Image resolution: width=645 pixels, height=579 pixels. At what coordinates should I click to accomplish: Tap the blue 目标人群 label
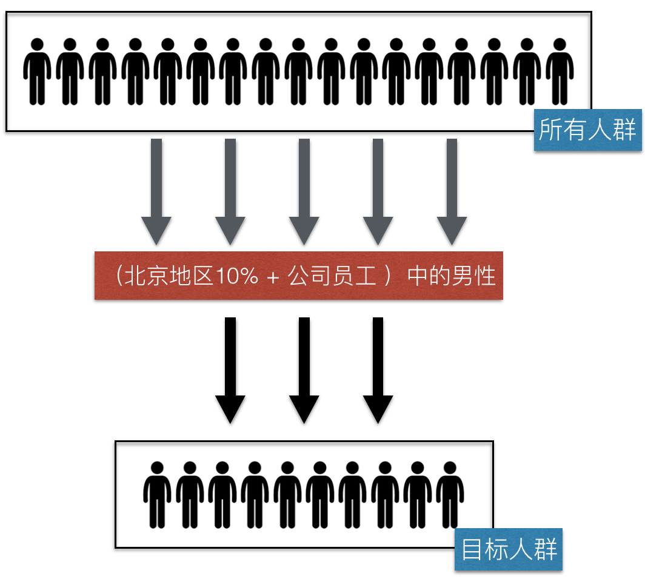[509, 550]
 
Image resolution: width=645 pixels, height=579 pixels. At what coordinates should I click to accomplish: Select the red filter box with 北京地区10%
[298, 276]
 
